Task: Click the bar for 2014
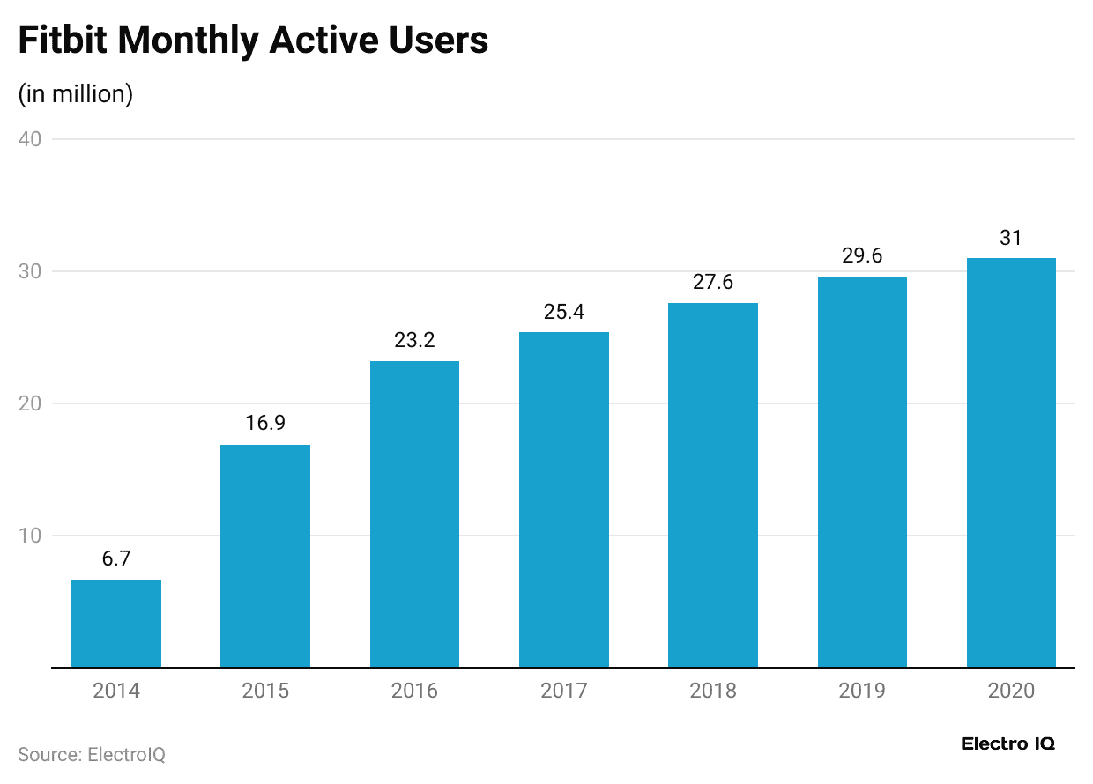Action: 116,623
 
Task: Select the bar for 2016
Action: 414,514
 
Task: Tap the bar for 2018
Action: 713,485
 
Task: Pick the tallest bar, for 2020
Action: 1011,462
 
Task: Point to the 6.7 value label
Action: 116,558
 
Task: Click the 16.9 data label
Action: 265,424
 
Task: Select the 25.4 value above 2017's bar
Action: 564,312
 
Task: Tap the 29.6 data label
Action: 862,256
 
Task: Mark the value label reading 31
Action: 1011,238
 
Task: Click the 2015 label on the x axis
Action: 265,691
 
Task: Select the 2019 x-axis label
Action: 862,691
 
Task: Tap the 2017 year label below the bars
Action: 564,691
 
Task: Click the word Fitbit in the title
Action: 61,41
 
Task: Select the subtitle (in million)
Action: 76,93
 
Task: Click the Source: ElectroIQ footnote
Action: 92,755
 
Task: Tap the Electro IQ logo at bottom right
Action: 1007,744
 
